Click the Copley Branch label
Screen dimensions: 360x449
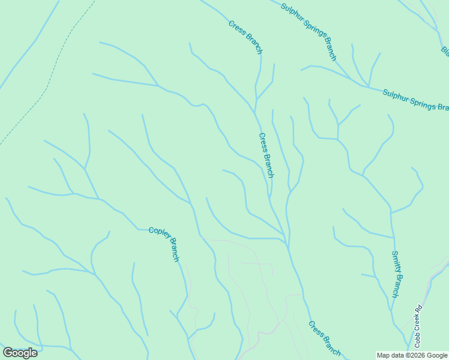[x=164, y=244]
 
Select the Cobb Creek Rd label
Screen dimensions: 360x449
[x=418, y=327]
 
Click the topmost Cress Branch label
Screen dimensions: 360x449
[x=246, y=37]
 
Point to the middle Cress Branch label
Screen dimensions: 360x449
[x=267, y=155]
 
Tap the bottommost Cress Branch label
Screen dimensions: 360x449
[x=325, y=338]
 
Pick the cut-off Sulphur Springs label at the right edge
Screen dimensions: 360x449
[x=415, y=100]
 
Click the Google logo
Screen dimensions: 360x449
[x=20, y=353]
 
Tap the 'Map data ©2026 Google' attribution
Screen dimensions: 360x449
[x=412, y=355]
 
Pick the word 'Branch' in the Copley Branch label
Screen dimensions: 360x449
[x=172, y=251]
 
